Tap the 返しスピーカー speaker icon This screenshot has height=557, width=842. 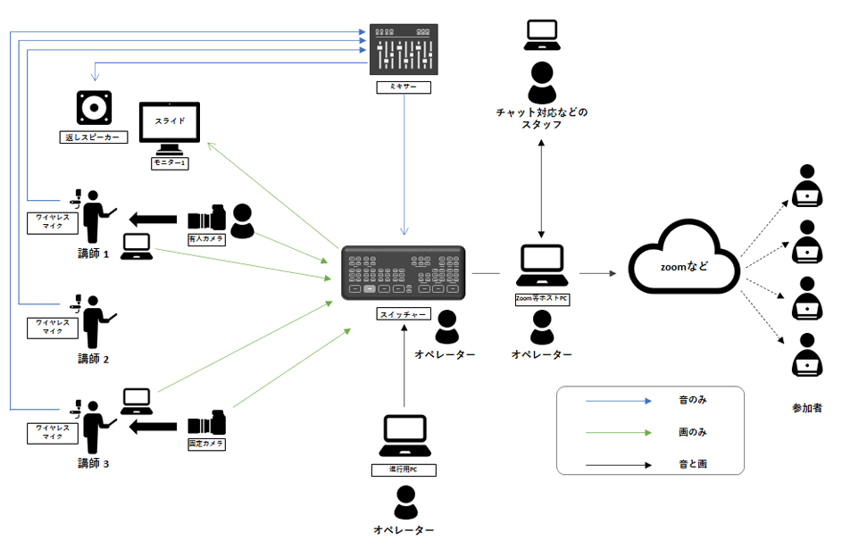pyautogui.click(x=94, y=109)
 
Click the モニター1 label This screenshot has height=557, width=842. pyautogui.click(x=170, y=163)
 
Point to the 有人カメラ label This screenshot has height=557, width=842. pyautogui.click(x=205, y=239)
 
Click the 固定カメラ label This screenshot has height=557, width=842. pyautogui.click(x=205, y=443)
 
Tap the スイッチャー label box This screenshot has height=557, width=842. pyautogui.click(x=404, y=315)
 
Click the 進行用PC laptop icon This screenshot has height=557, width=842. pyautogui.click(x=404, y=438)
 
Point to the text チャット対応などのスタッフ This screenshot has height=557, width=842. pyautogui.click(x=542, y=119)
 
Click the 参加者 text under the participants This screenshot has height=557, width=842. pyautogui.click(x=806, y=407)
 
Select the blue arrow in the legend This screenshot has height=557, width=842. pyautogui.click(x=619, y=402)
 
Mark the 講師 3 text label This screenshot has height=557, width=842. pyautogui.click(x=93, y=463)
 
